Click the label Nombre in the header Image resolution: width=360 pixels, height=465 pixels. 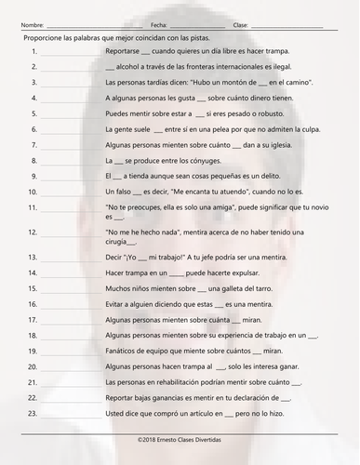(x=31, y=25)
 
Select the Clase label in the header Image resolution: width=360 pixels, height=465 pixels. (x=240, y=25)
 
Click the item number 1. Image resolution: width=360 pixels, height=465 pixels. (x=33, y=53)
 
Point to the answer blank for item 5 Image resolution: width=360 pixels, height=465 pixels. (x=66, y=114)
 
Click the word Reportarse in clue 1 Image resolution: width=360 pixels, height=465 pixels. (x=124, y=53)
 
